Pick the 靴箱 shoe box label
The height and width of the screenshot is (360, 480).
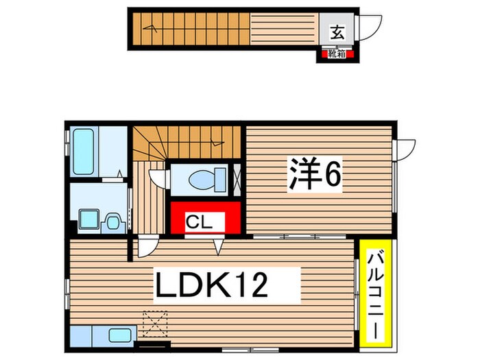336,52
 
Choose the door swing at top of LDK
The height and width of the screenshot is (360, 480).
146,247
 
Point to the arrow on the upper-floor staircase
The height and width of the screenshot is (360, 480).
218,145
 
